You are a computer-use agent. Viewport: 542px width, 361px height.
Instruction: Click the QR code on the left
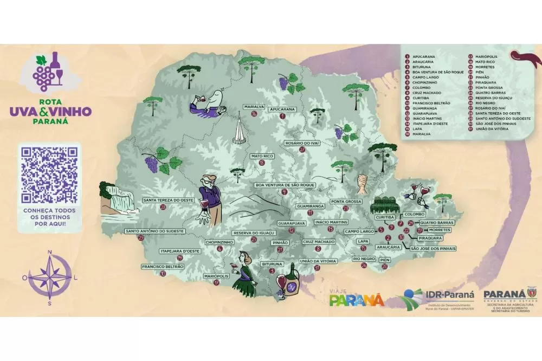49,174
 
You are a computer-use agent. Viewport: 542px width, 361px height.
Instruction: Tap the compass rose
49,277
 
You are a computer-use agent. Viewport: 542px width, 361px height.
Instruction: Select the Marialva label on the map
254,107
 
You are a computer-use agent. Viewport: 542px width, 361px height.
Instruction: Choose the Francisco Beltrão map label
163,267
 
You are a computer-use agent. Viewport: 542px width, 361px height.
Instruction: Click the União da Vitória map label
318,261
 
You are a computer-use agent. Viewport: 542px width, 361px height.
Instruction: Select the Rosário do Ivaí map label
301,143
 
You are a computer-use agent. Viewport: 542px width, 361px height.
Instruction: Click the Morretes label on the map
439,230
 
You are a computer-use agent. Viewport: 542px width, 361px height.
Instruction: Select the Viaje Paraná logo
356,298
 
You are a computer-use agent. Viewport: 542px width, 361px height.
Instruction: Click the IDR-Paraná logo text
450,295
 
